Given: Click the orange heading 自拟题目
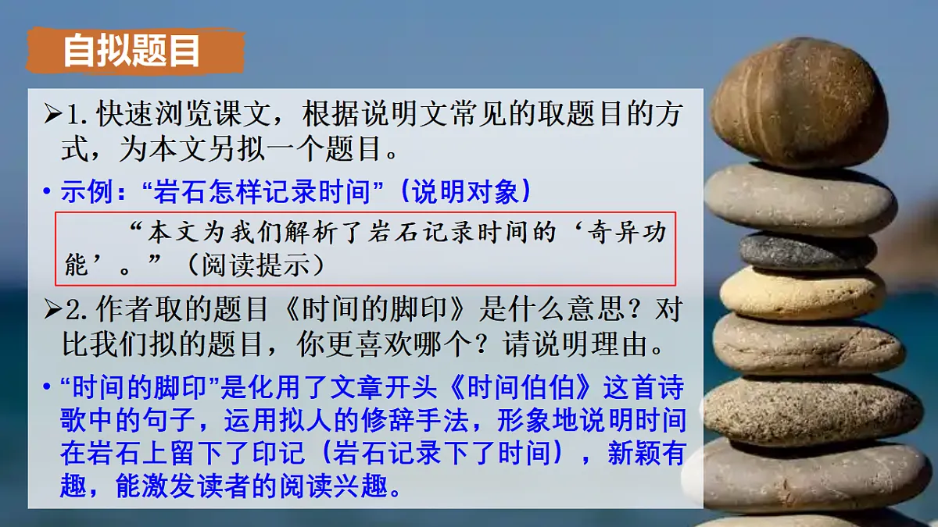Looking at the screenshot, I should coord(131,51).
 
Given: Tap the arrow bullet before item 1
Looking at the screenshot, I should coord(52,116).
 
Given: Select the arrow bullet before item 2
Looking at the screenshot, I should coord(52,311).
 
